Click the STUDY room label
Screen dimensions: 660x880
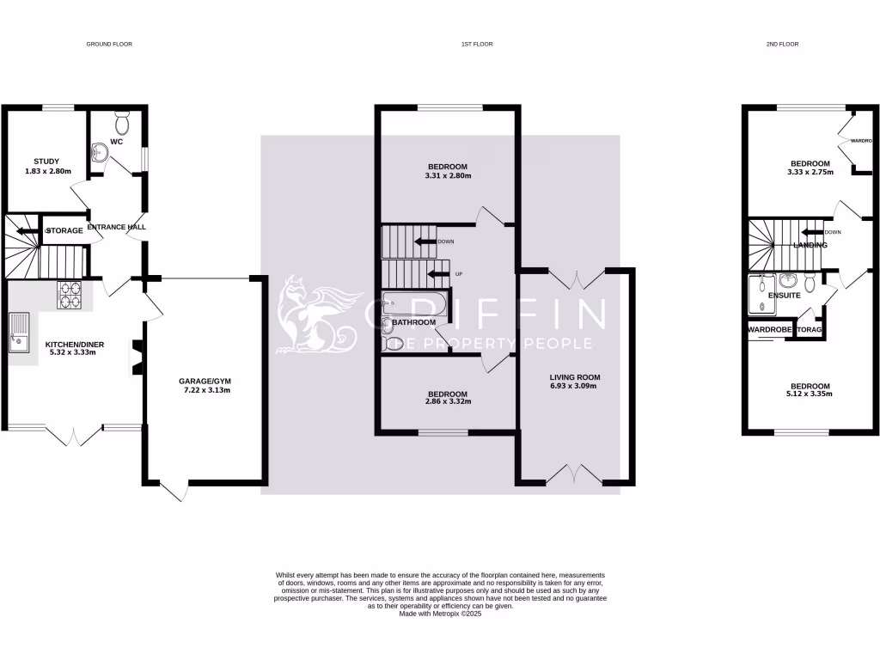(x=46, y=161)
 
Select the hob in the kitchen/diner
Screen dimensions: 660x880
(x=70, y=295)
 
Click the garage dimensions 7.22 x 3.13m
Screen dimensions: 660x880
(x=205, y=390)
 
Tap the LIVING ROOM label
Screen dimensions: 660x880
(x=575, y=376)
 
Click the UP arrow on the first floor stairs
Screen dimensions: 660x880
(x=438, y=274)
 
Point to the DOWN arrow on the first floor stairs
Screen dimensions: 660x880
(x=425, y=241)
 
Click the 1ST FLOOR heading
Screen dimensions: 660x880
(x=476, y=44)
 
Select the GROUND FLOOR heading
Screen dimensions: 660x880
(x=109, y=44)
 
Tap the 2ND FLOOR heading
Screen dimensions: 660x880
(x=781, y=44)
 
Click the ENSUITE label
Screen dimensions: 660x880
(x=785, y=295)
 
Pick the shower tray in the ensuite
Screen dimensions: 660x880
(x=760, y=294)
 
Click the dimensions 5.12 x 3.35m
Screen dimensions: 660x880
(x=810, y=394)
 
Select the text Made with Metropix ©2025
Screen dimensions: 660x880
(x=440, y=614)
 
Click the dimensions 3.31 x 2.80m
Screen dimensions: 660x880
(x=447, y=175)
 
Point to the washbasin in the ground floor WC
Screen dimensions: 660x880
(x=100, y=152)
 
